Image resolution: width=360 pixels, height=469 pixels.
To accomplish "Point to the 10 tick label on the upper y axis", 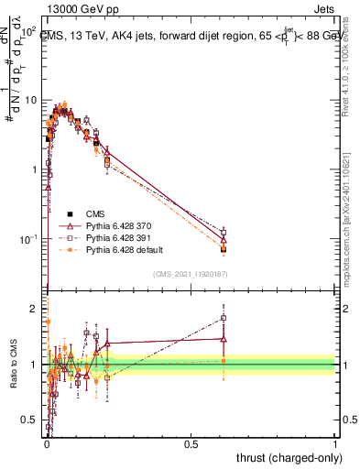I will [30, 100].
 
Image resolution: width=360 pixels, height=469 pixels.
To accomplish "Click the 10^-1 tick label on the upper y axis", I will [28, 239].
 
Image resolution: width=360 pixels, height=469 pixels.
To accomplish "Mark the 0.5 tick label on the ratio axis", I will [30, 420].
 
